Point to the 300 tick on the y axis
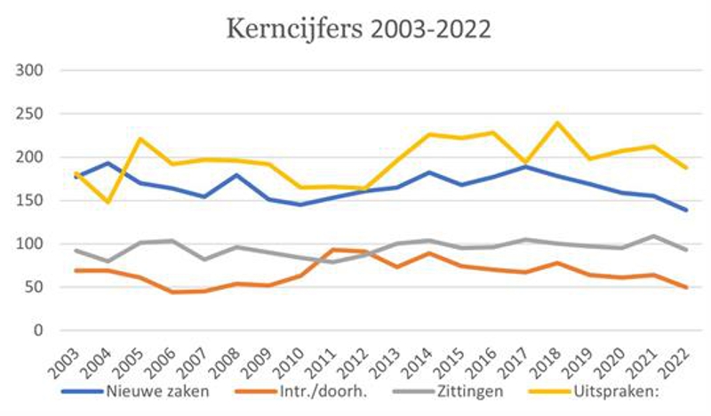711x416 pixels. click(x=32, y=70)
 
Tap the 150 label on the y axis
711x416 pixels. click(x=32, y=201)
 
